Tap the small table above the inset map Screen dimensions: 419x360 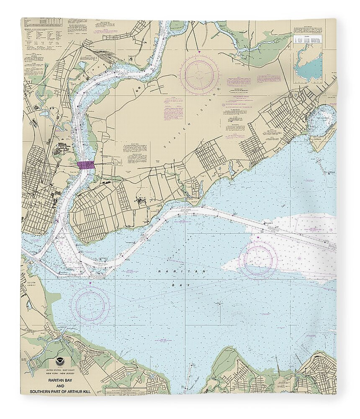[x=308, y=40]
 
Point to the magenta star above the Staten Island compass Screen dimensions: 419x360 [x=199, y=52]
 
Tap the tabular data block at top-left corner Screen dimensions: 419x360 [x=42, y=34]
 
